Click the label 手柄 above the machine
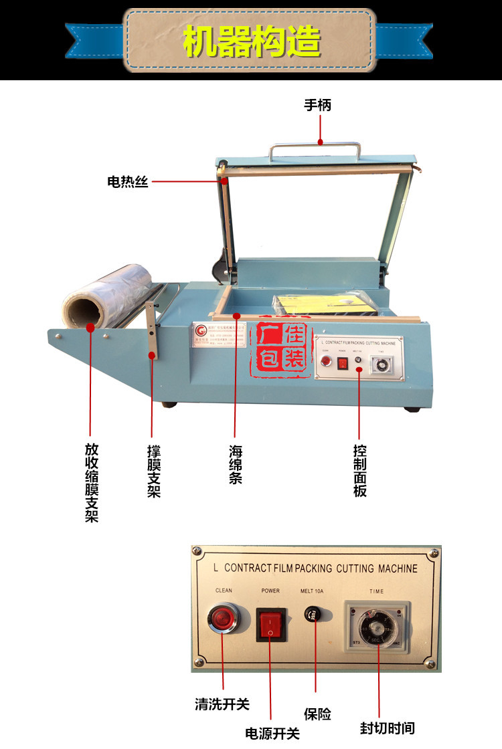coord(318,105)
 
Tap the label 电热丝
coord(127,181)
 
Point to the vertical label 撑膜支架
coord(154,471)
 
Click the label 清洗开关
coord(222,704)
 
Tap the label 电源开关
coord(272,733)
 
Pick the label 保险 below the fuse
coord(317,714)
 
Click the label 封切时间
coord(387,728)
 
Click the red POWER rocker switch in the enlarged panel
coord(271,624)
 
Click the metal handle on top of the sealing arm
coord(315,148)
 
